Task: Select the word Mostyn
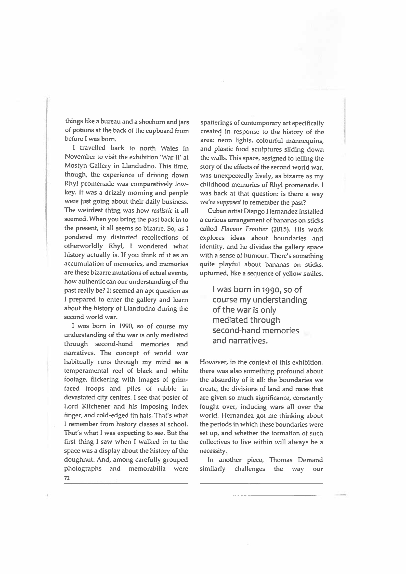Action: tap(75, 166)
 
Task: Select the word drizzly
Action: tap(108, 193)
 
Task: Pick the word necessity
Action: tap(213, 451)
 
